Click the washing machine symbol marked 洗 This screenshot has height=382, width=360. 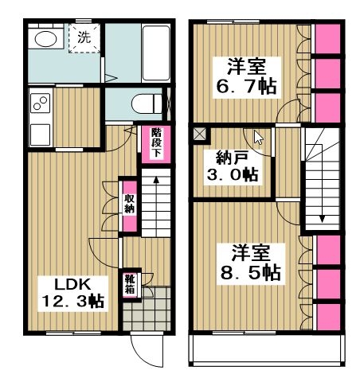[x=84, y=37]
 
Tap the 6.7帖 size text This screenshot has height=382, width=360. [x=245, y=84]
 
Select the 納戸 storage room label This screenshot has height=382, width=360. [x=229, y=155]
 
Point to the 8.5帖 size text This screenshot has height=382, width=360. [x=247, y=272]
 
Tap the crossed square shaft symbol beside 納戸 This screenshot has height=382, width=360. [x=199, y=133]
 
